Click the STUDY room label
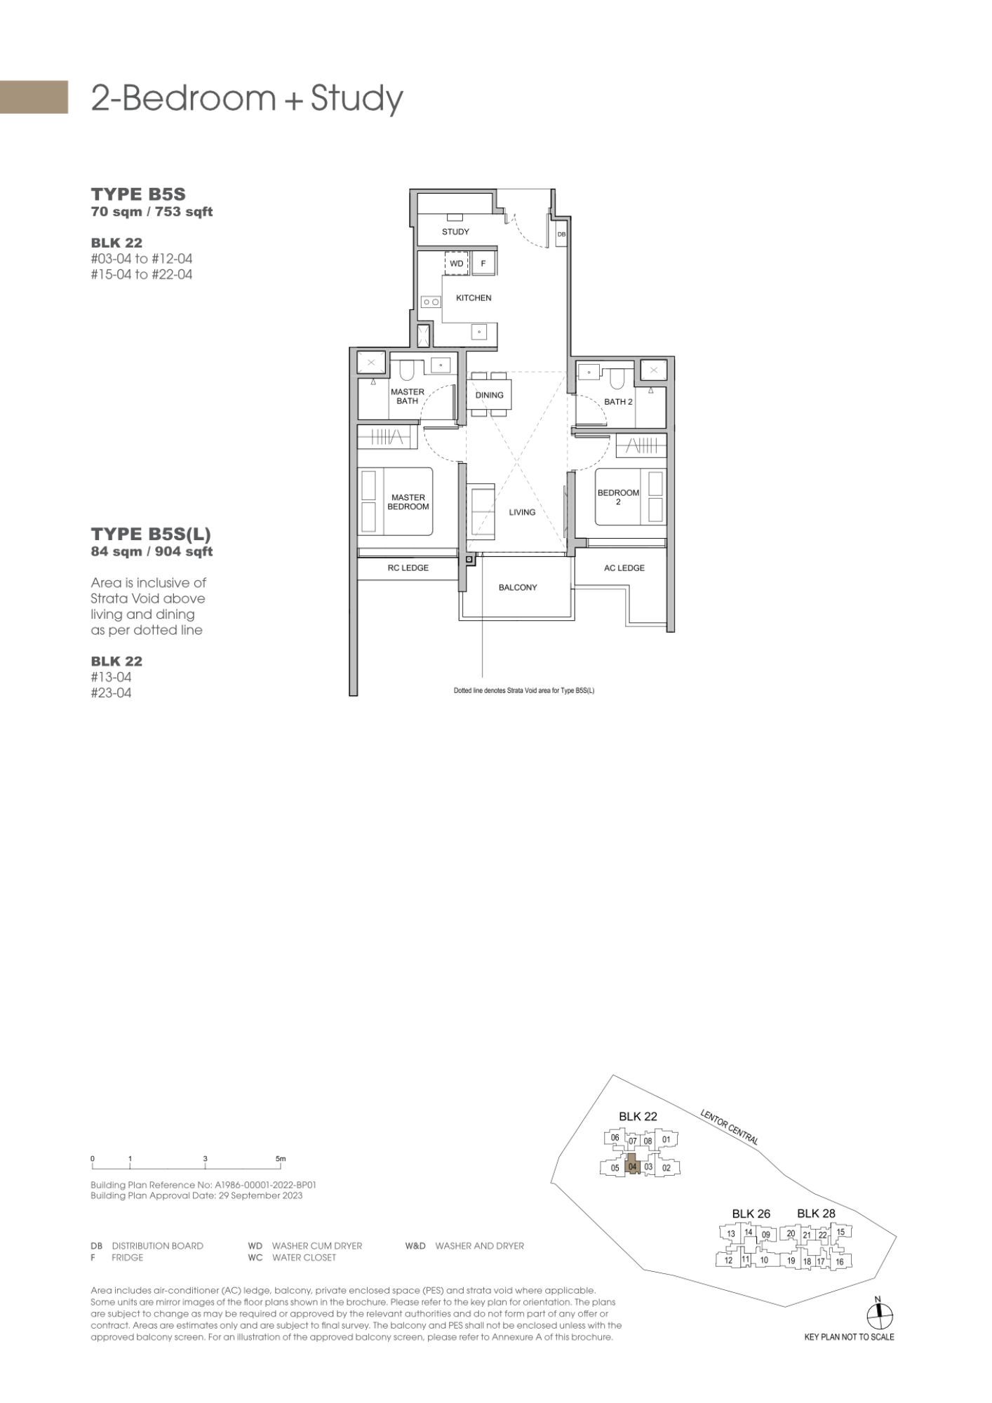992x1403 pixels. tap(455, 231)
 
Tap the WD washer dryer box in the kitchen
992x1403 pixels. tap(457, 264)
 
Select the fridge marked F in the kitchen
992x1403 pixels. tap(483, 264)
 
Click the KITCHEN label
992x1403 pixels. tap(474, 298)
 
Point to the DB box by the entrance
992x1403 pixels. tap(561, 234)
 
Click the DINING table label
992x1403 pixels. tap(489, 395)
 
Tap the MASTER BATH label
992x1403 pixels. tap(408, 396)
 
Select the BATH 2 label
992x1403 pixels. tap(618, 402)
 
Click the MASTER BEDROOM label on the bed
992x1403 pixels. tap(408, 502)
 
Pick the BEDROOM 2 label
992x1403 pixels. tap(618, 497)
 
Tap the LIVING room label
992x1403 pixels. tap(522, 512)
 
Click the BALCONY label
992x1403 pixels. tap(518, 587)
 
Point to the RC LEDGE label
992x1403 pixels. tap(408, 568)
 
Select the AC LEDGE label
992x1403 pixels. tap(624, 568)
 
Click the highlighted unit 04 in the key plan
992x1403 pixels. tap(632, 1167)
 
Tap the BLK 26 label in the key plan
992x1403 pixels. tap(751, 1214)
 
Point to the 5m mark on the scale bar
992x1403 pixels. tap(281, 1159)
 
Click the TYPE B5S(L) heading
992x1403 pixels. tap(151, 535)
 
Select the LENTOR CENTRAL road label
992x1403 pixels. tap(729, 1127)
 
